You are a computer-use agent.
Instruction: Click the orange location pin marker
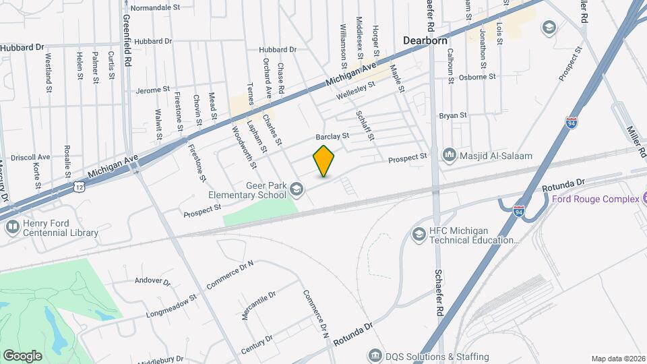(324, 161)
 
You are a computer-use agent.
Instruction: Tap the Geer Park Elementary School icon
(295, 191)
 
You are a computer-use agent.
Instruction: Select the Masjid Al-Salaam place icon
(449, 156)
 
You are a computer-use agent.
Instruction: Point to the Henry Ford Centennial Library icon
(12, 227)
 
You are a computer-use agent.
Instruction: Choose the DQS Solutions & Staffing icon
(374, 355)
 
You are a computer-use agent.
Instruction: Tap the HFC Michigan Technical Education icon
(418, 234)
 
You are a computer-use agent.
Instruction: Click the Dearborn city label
(425, 40)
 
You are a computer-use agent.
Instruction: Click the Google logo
(22, 355)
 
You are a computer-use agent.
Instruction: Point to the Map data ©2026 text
(617, 359)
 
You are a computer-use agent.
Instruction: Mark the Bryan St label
(453, 115)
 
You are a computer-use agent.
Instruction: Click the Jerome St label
(152, 90)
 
